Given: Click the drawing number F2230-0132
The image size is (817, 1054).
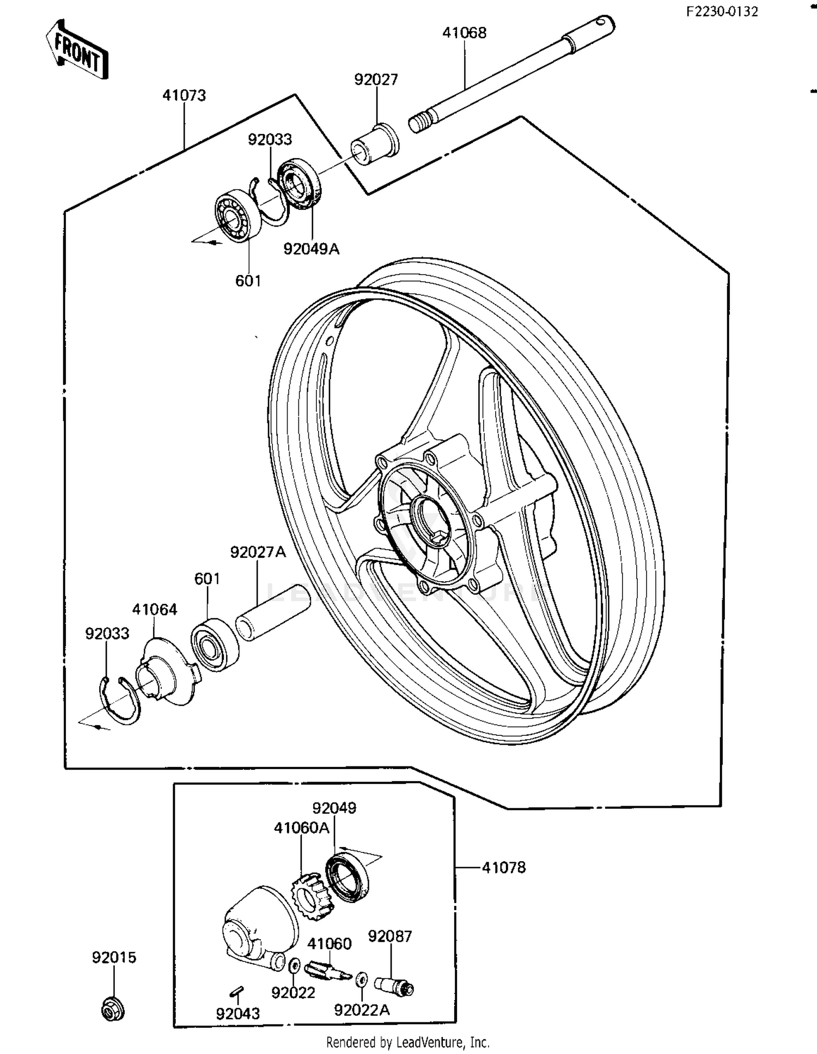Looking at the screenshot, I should tap(721, 12).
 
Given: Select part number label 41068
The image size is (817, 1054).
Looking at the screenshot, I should tap(464, 33).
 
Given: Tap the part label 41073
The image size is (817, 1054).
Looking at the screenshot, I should tap(184, 95).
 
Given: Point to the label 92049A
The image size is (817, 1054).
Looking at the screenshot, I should tap(311, 249).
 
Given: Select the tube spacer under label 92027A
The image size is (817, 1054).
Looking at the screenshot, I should tap(272, 612).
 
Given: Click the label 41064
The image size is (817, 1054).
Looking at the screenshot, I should tap(155, 609).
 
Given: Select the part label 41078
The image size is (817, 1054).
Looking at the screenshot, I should tap(504, 867).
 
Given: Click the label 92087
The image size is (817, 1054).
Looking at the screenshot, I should tap(389, 936).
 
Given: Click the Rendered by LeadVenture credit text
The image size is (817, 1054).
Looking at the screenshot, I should tap(407, 1042).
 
